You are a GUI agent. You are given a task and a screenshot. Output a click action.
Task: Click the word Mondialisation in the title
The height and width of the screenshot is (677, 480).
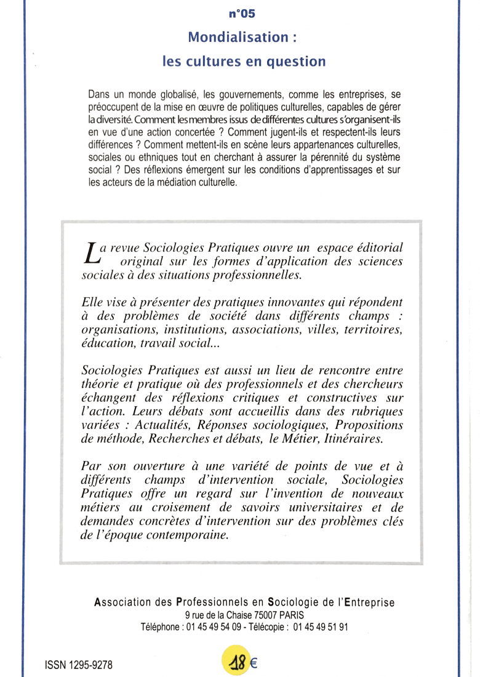[x=230, y=37]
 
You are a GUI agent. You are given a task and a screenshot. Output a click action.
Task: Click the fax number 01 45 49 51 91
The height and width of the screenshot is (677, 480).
[x=321, y=628]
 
